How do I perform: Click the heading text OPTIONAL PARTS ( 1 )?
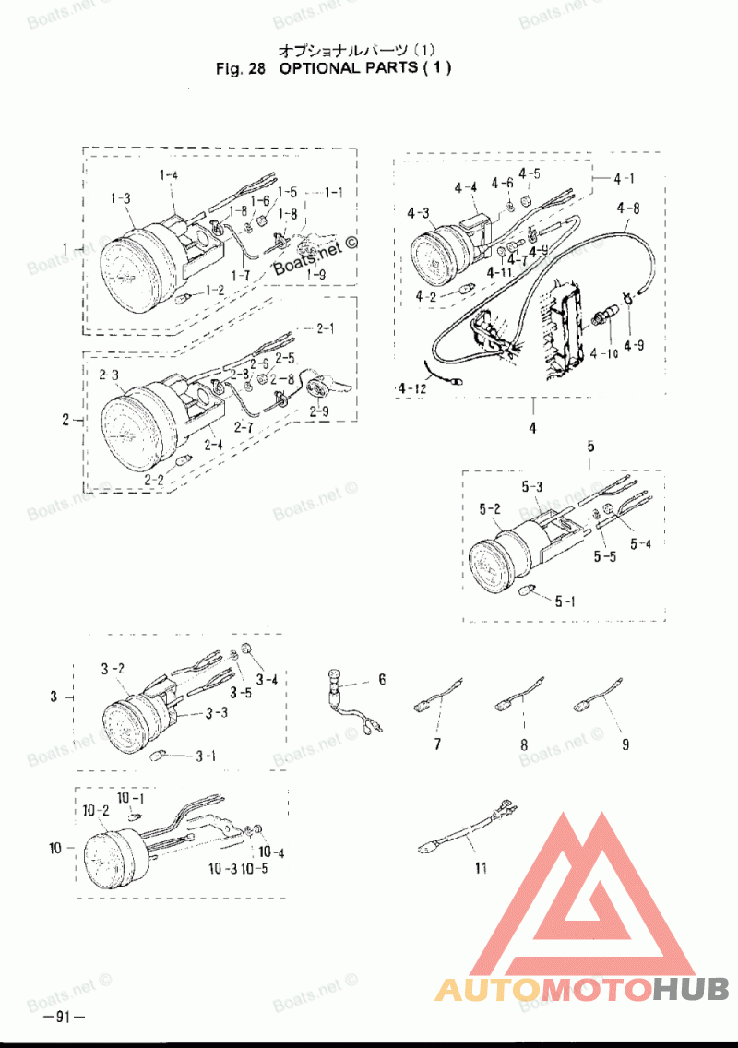click(x=365, y=68)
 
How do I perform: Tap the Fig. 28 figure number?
click(x=239, y=68)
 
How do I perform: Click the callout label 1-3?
click(x=120, y=197)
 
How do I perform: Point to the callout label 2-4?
click(x=213, y=445)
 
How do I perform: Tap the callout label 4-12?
click(x=414, y=391)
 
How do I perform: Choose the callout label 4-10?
click(x=605, y=352)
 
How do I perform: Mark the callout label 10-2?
click(x=96, y=811)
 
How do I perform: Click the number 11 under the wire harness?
click(x=480, y=868)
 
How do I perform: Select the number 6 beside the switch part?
click(x=382, y=680)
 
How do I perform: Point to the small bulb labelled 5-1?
click(x=530, y=589)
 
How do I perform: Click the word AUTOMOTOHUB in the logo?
click(x=582, y=990)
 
